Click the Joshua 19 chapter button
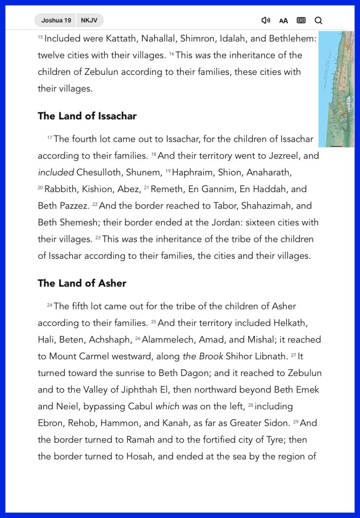(x=56, y=20)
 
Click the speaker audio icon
(x=265, y=20)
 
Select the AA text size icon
(x=284, y=21)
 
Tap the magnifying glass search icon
(x=319, y=20)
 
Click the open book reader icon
(x=301, y=20)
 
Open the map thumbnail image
(x=336, y=89)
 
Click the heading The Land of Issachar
(x=87, y=116)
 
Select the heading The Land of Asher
(x=82, y=283)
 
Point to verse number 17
(x=50, y=138)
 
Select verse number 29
(x=296, y=421)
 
